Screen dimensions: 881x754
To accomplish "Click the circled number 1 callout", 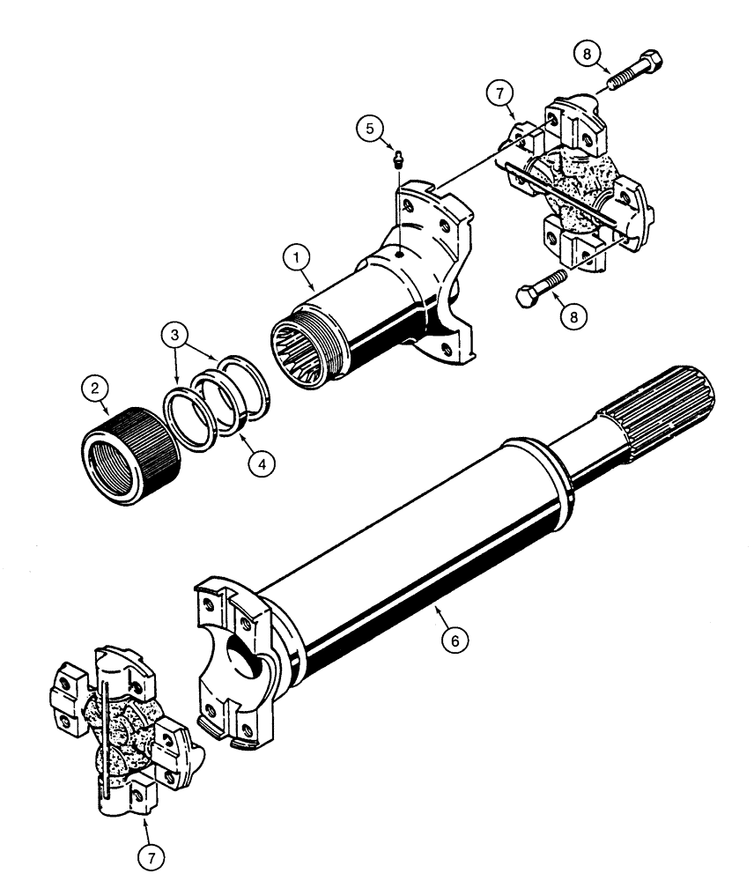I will (x=297, y=257).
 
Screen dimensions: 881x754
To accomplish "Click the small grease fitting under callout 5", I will (x=396, y=159).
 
